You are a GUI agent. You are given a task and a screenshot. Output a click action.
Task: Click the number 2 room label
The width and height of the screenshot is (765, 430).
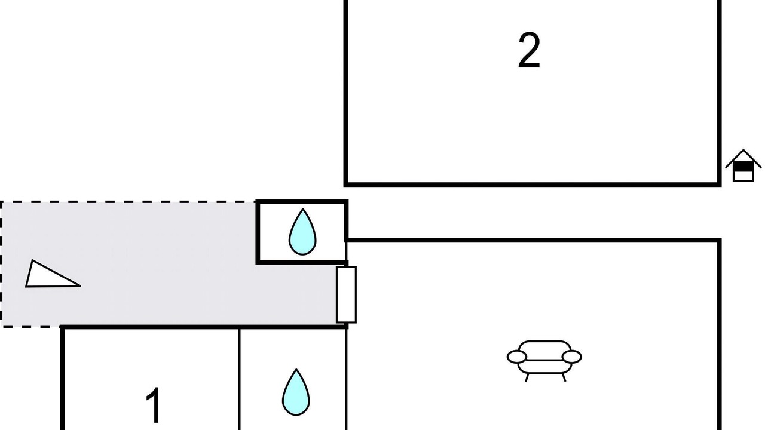tap(529, 51)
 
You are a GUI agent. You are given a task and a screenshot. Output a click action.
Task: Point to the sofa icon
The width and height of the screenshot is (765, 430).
tap(544, 359)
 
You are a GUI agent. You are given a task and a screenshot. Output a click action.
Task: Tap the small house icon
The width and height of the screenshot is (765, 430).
tap(743, 165)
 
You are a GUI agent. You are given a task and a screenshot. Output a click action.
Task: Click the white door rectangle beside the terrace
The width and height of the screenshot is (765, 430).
tap(346, 294)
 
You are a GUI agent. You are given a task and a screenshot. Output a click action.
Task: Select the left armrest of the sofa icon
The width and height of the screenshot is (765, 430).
tap(517, 357)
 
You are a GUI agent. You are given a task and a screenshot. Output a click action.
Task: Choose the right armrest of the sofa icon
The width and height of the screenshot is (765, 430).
tap(572, 357)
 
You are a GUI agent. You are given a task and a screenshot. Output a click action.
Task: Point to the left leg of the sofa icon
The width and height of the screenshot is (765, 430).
tap(527, 377)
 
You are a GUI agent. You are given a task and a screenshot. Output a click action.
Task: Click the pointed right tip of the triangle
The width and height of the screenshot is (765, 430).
tap(79, 285)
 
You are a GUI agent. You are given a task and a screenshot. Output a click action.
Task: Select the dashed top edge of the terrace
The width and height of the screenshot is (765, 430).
tap(128, 202)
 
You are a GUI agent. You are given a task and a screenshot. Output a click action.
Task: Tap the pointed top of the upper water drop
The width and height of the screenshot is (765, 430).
tap(303, 210)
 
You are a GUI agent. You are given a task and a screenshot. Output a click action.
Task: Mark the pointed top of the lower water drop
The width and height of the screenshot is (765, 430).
tap(296, 370)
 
